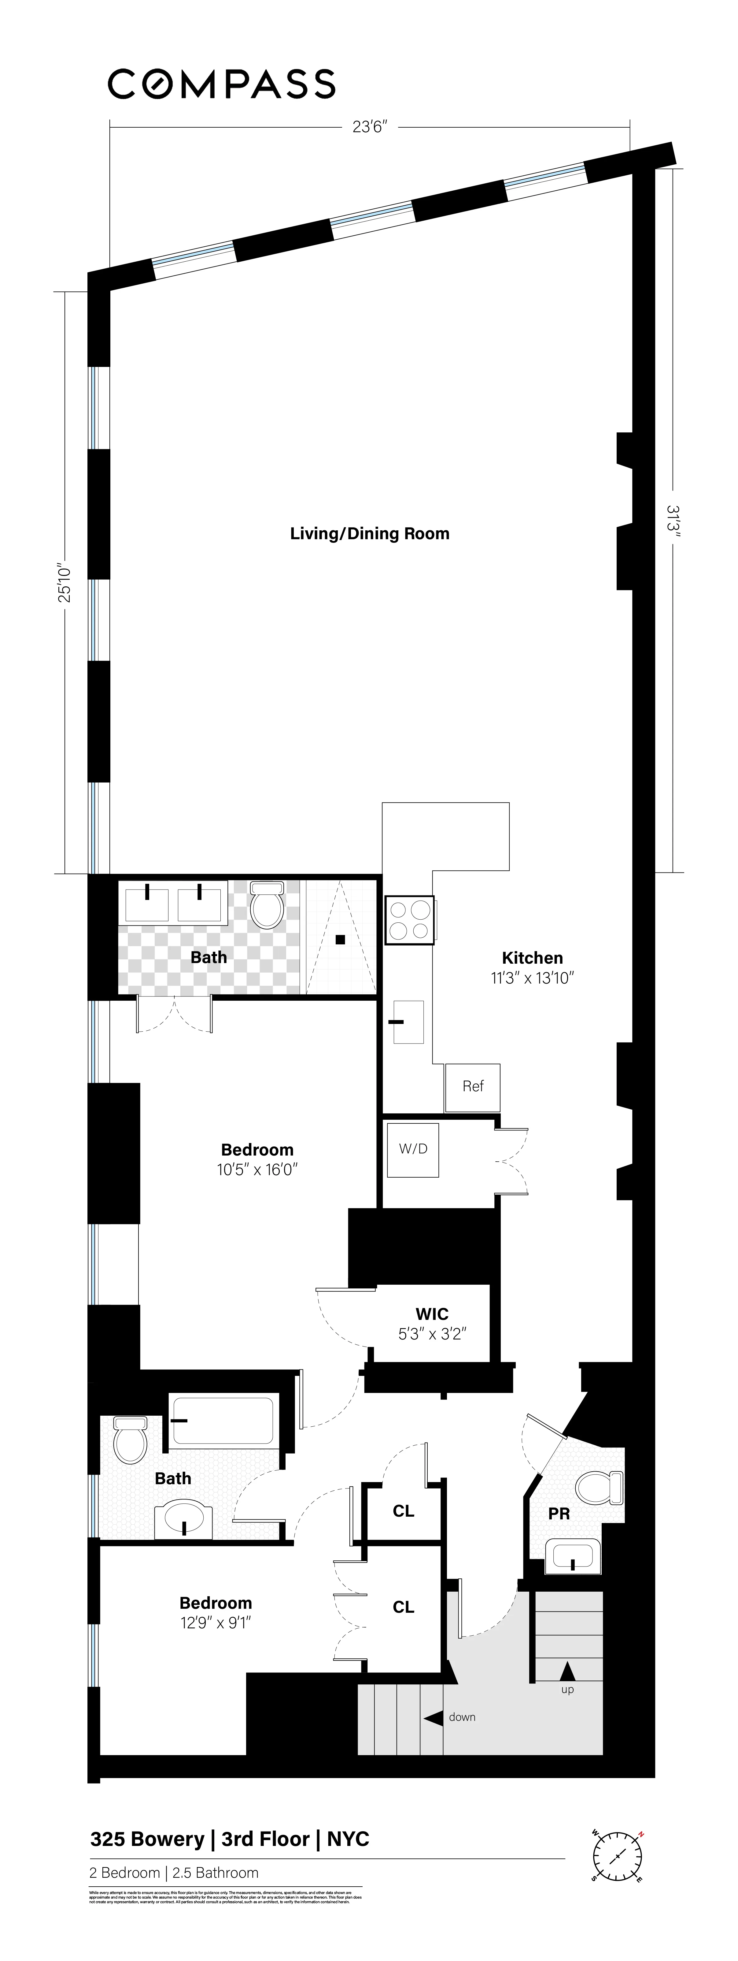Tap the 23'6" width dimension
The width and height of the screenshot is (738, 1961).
click(x=370, y=127)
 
